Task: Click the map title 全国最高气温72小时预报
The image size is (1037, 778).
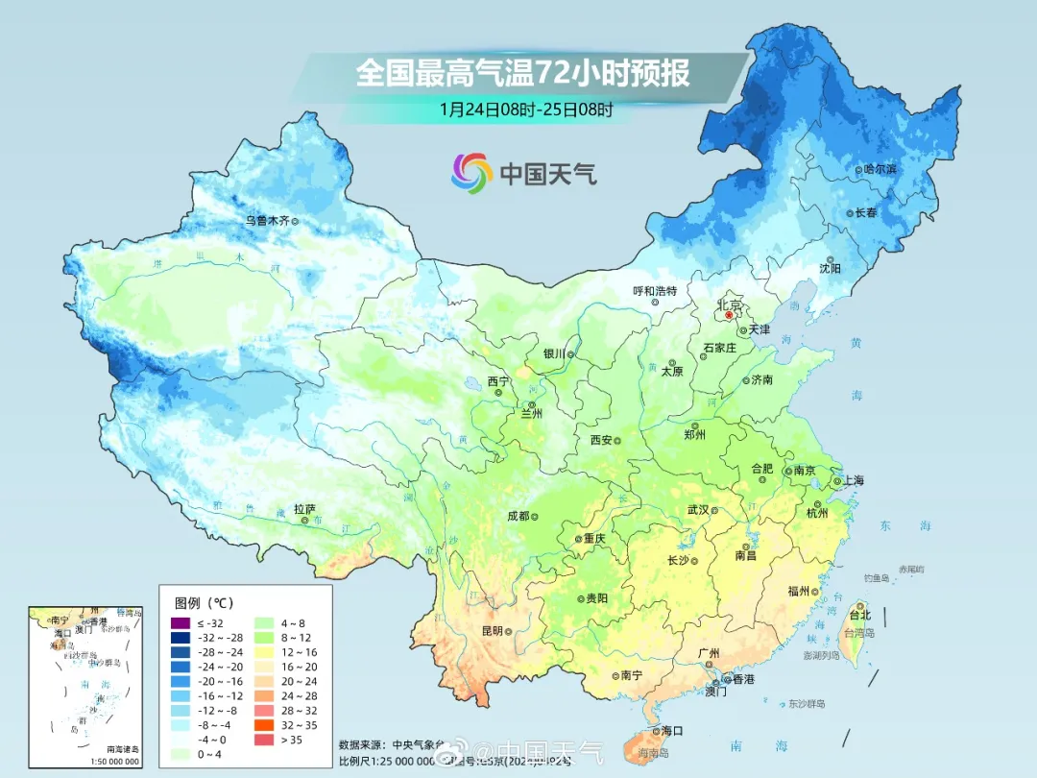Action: [522, 73]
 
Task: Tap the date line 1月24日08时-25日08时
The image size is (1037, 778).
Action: [525, 109]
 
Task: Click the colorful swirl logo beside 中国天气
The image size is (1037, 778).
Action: [471, 173]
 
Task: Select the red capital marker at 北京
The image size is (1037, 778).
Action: [729, 314]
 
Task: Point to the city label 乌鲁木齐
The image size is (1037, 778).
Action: [266, 220]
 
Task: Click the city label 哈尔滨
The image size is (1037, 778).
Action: [880, 169]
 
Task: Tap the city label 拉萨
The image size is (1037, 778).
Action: [304, 509]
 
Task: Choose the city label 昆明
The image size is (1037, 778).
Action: [492, 631]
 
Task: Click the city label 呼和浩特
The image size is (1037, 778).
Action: [655, 291]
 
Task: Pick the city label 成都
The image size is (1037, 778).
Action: [518, 516]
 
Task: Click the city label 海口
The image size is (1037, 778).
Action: [672, 731]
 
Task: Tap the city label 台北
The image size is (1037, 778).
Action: [859, 615]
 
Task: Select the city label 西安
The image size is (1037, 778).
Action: [601, 440]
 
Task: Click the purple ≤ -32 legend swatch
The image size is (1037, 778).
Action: [180, 623]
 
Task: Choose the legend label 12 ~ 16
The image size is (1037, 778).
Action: [297, 652]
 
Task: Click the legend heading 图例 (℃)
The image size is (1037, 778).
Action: [204, 603]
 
